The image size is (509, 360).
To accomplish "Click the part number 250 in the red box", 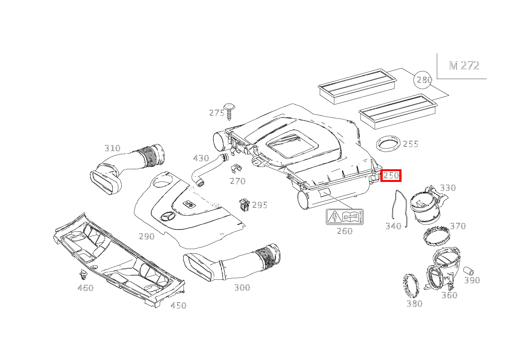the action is [x=391, y=175].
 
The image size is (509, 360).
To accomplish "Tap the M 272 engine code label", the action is [x=464, y=66].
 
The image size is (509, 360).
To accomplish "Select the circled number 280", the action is [x=423, y=80].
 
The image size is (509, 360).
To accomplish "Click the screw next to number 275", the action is [x=229, y=112].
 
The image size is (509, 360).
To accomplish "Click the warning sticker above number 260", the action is [x=344, y=217].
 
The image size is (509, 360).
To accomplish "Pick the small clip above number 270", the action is [x=236, y=168].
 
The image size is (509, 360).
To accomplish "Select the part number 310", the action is [x=112, y=148].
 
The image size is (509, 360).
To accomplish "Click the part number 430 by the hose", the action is [x=201, y=158].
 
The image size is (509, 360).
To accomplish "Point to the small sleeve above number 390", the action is [x=468, y=271].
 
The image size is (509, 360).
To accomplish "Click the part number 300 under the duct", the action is [x=242, y=288].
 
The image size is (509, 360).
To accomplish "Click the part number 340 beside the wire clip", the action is [x=393, y=226].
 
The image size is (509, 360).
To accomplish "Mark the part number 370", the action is [x=458, y=226].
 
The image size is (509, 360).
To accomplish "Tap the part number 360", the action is [x=449, y=295].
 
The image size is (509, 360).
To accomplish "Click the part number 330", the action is [x=448, y=188].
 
